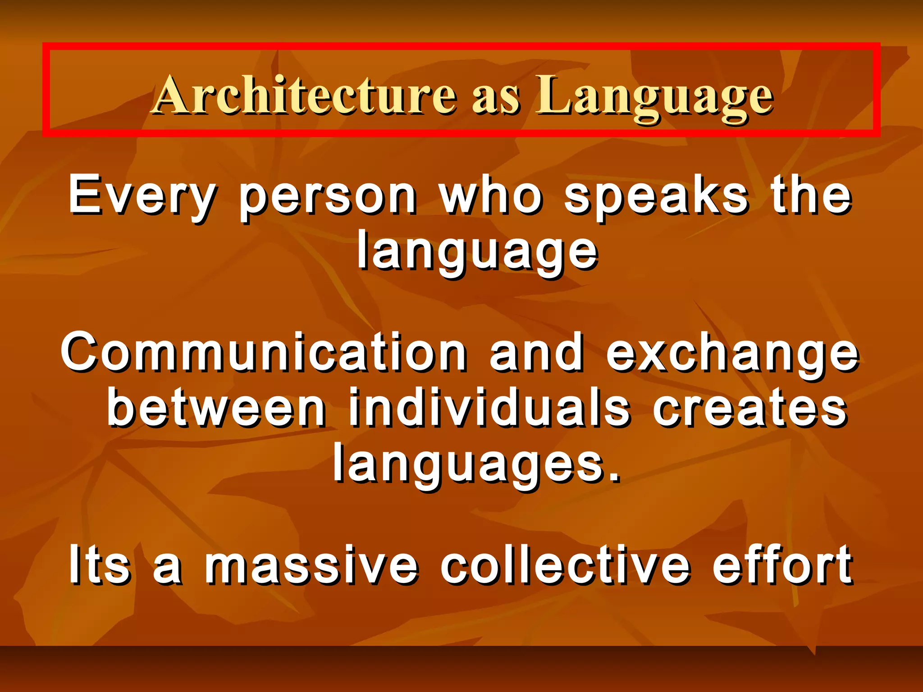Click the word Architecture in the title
point(305,96)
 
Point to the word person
point(327,198)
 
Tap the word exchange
point(732,354)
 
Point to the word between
point(216,407)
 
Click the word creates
point(750,408)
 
